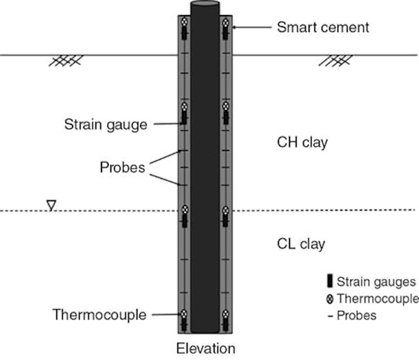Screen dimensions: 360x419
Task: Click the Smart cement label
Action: [323, 27]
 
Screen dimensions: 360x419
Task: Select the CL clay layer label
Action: [301, 245]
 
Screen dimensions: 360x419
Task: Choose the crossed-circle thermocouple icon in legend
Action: [329, 299]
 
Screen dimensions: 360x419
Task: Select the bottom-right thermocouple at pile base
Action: [225, 314]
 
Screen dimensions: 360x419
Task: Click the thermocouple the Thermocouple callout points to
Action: [185, 314]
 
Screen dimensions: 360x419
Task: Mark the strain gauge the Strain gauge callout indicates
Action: [185, 120]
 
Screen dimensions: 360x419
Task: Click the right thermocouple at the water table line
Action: [225, 210]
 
